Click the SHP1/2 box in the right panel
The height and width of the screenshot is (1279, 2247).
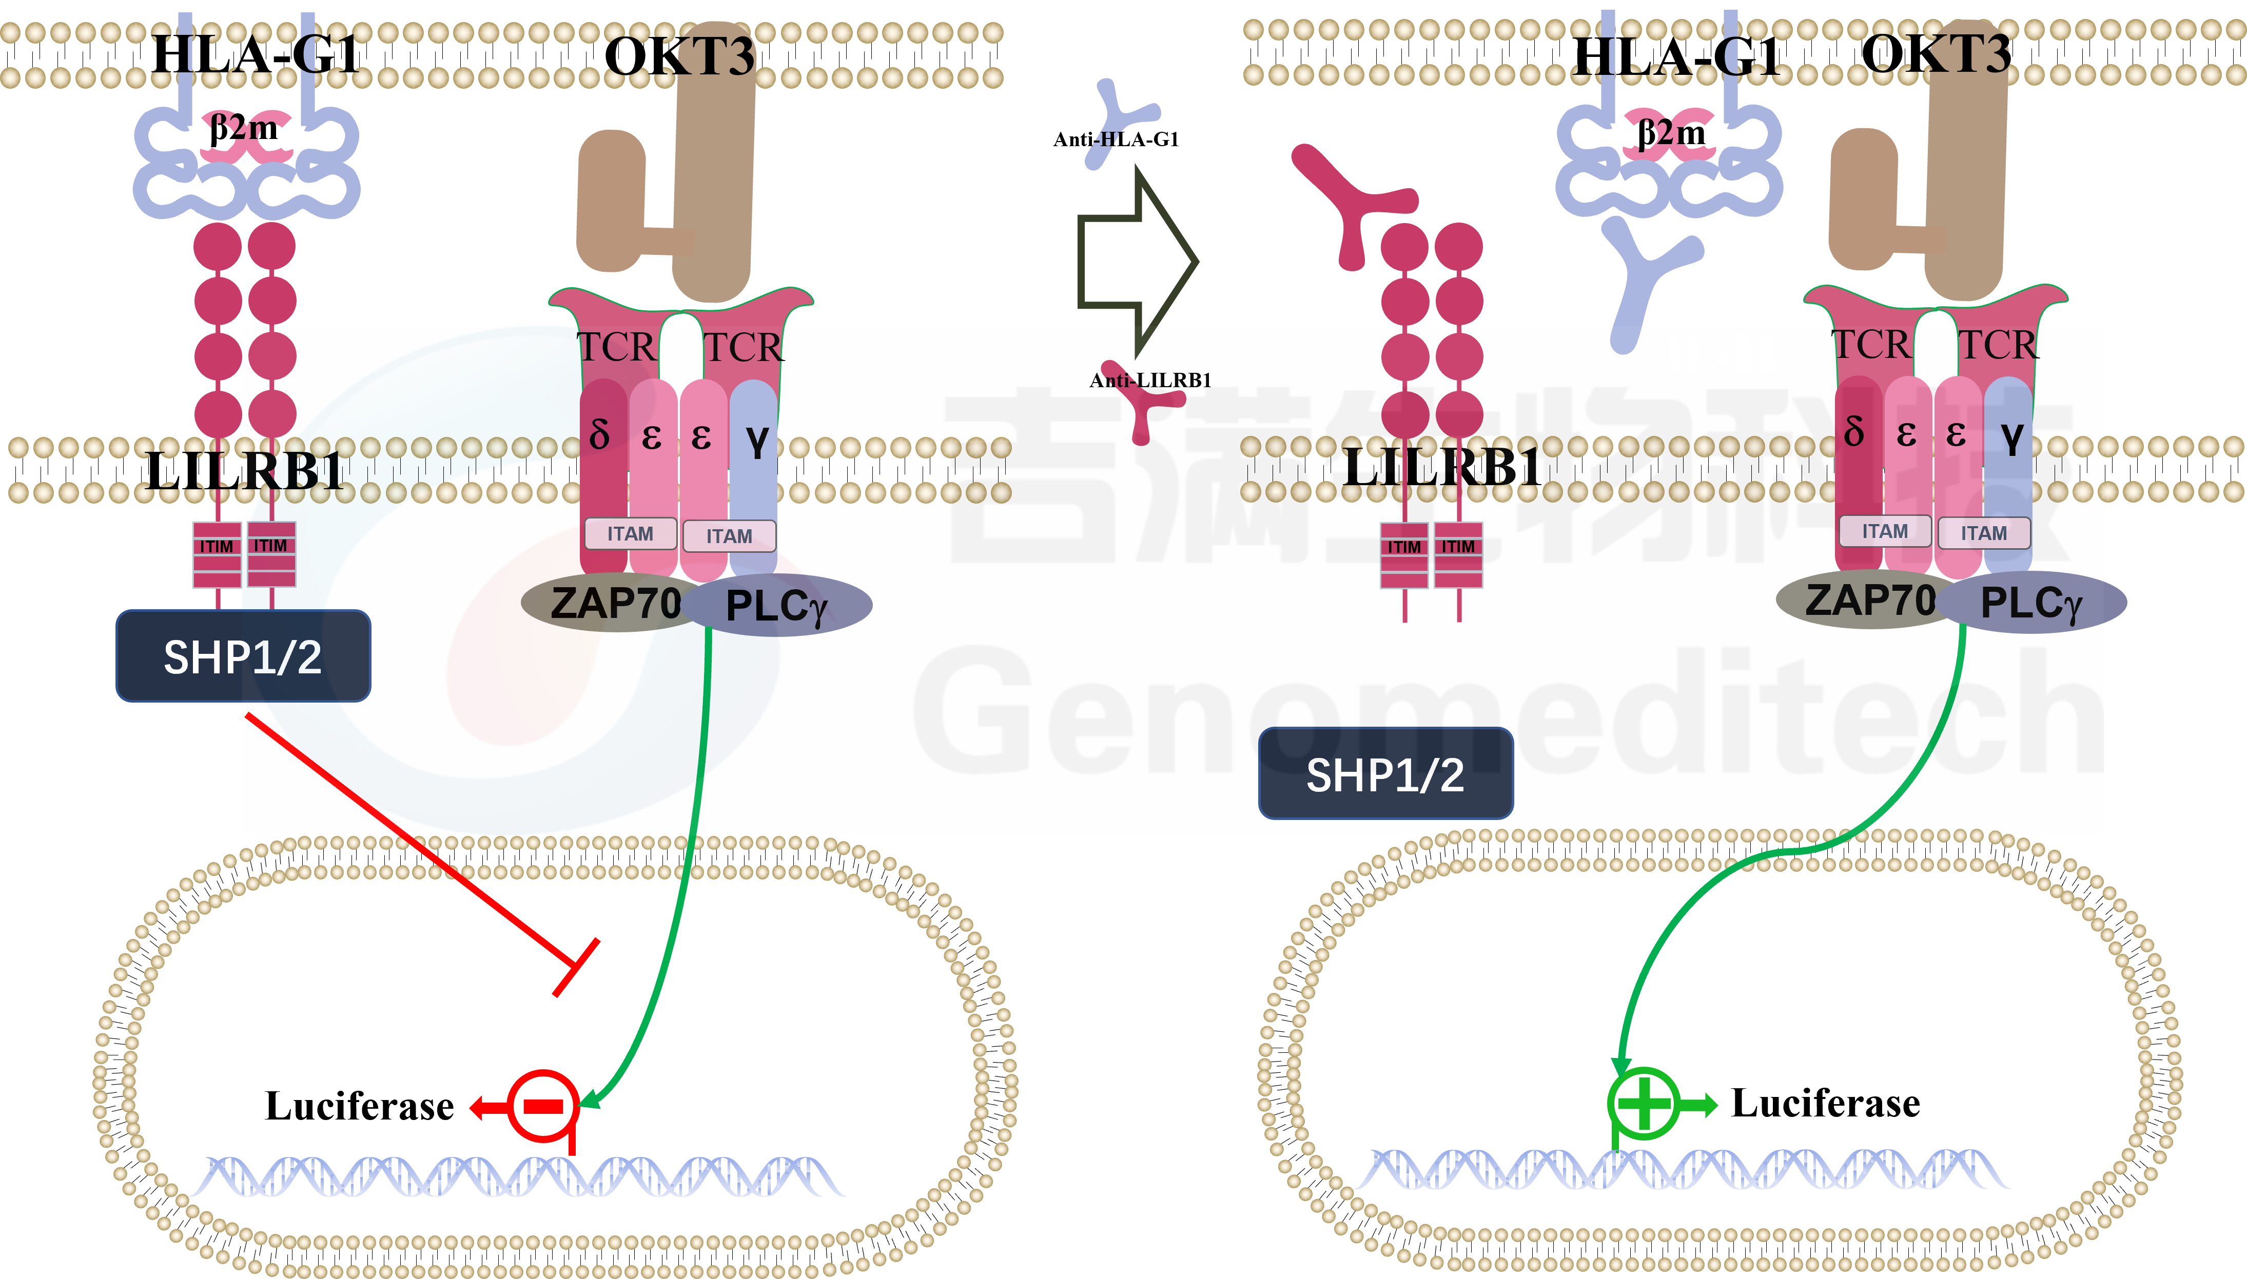(x=1386, y=774)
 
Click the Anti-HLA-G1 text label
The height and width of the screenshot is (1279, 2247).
(x=1116, y=139)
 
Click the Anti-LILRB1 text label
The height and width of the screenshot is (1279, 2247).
(x=1150, y=381)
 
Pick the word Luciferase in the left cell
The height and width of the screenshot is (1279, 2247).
(x=359, y=1106)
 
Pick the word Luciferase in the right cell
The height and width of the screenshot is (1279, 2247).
(x=1825, y=1103)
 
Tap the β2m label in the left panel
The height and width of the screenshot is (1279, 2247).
(x=243, y=128)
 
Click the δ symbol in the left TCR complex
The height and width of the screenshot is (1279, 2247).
(x=599, y=432)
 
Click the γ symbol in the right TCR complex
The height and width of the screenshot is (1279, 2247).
(x=2012, y=436)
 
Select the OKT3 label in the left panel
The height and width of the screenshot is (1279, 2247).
(x=679, y=56)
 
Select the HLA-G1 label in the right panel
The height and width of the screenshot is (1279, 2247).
(x=1676, y=56)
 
